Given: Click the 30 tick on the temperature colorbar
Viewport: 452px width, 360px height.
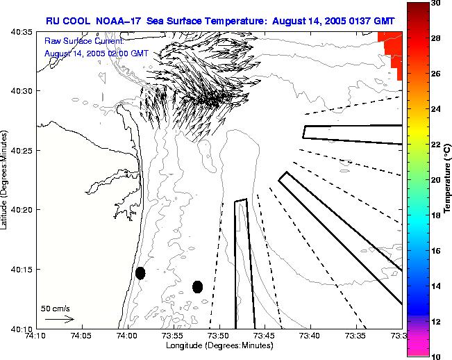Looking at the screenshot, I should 435,3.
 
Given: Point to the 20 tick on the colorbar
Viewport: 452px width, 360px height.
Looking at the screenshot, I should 435,180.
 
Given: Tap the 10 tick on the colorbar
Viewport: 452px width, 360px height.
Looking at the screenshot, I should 435,356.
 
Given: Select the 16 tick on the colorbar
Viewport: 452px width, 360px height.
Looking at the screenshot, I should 435,250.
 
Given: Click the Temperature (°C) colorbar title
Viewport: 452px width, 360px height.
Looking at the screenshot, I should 448,179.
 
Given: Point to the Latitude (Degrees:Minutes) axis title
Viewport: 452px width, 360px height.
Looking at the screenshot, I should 6,179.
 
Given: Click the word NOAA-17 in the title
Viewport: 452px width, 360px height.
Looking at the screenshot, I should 113,21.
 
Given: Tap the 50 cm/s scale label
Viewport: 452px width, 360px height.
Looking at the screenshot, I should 53,307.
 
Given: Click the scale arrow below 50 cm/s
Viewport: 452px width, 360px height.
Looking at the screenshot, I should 60,319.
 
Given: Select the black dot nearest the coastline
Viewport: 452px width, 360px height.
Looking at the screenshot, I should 140,273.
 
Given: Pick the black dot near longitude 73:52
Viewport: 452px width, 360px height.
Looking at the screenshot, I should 197,286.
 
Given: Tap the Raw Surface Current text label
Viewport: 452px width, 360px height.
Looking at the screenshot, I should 83,42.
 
